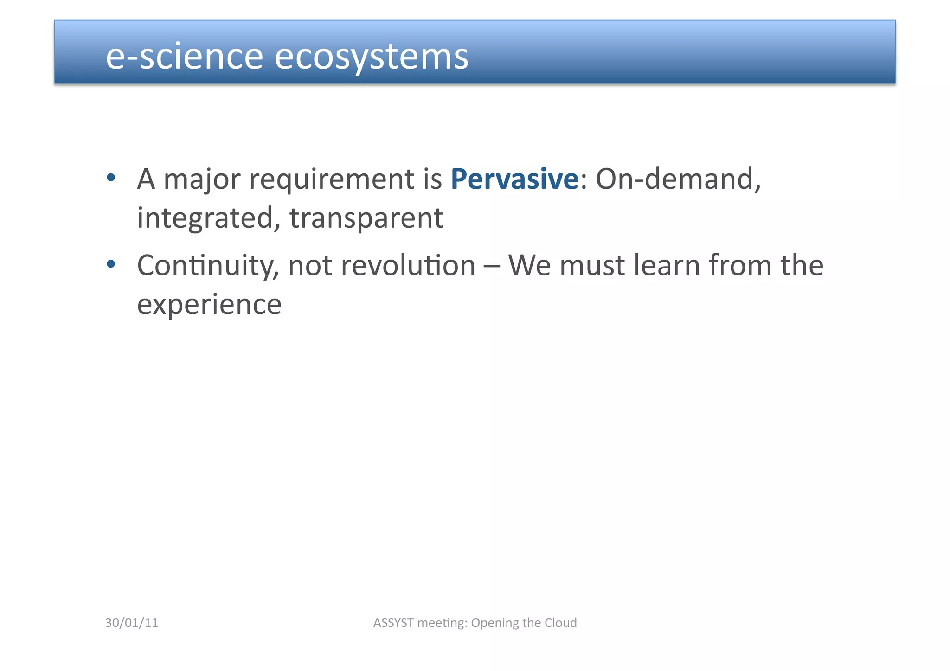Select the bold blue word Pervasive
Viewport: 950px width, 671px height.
coord(514,179)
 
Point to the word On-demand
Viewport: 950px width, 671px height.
coord(678,179)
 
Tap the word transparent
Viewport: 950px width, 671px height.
coord(366,218)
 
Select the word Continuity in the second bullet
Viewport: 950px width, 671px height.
coord(208,266)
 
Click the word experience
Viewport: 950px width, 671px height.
coord(209,305)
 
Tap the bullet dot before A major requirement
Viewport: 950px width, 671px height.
coord(110,178)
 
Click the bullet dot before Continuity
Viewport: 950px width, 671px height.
coord(110,264)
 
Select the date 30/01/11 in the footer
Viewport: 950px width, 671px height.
coord(132,623)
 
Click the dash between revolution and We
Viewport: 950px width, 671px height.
coord(492,266)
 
